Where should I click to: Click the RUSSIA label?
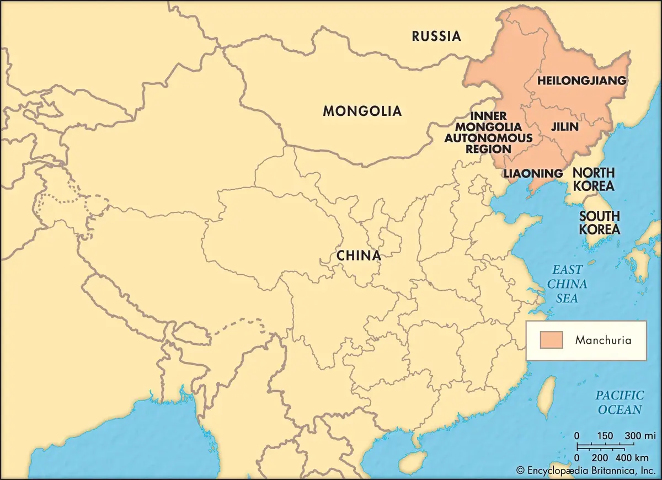[x=436, y=37]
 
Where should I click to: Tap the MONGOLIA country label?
[x=362, y=111]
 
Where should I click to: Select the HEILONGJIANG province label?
[x=581, y=81]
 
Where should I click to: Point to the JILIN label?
[x=565, y=127]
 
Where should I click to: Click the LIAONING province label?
[x=533, y=174]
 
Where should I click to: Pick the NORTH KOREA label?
[x=594, y=179]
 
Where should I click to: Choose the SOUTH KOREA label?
[x=599, y=223]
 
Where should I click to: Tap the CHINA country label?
[x=359, y=256]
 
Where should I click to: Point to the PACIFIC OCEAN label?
[x=620, y=402]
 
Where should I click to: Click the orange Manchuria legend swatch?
[x=551, y=340]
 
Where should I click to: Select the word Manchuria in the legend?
[x=603, y=340]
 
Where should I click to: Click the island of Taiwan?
[x=546, y=396]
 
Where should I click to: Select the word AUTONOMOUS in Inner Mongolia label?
[x=489, y=138]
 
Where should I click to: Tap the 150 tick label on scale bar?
[x=605, y=436]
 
